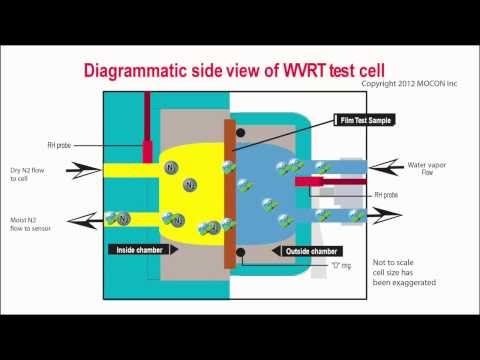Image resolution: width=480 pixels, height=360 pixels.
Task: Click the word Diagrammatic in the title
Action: [x=141, y=71]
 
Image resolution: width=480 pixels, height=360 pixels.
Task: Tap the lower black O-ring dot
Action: [x=241, y=251]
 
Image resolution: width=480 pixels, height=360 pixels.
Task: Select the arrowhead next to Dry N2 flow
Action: [x=81, y=172]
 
